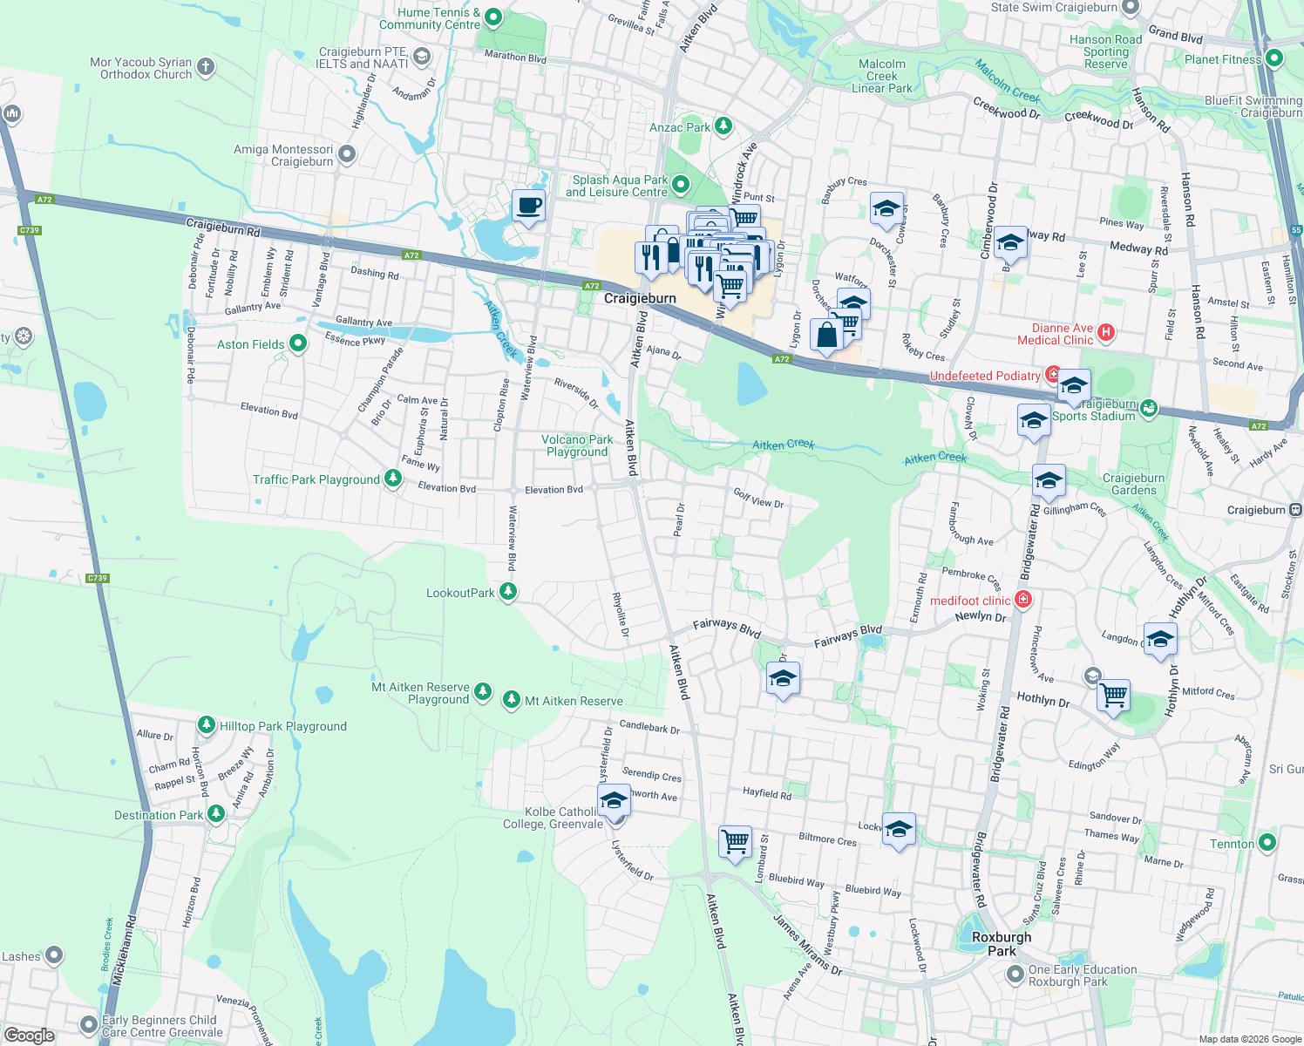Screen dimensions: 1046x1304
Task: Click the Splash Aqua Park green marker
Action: (x=681, y=185)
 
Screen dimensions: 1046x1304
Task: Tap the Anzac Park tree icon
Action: (x=723, y=126)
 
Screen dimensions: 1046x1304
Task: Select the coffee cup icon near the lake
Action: (x=528, y=207)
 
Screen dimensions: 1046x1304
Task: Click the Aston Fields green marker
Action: (x=298, y=343)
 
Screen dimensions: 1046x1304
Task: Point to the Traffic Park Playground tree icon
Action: (x=393, y=479)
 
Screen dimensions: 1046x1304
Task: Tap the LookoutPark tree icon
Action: (x=508, y=592)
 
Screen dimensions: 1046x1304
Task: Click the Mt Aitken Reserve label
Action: (x=574, y=701)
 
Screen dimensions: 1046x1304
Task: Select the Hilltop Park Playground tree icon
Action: (x=207, y=725)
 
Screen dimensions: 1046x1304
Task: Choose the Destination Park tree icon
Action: (x=216, y=814)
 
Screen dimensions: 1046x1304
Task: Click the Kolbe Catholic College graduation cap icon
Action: (x=614, y=800)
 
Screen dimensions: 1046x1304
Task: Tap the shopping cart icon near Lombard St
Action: (x=735, y=841)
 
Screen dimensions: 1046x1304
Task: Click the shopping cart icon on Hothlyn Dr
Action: (x=1113, y=696)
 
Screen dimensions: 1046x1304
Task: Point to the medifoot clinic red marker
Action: (x=1023, y=600)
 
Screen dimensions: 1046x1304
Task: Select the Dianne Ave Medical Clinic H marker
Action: (x=1106, y=332)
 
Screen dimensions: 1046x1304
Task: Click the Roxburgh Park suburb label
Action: (x=1002, y=943)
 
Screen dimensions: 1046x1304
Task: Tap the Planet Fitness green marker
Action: (x=1274, y=59)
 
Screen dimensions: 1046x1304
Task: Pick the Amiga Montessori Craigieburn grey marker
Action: (x=347, y=155)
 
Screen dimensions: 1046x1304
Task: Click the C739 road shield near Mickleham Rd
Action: (x=98, y=578)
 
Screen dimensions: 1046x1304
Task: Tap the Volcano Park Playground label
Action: (x=576, y=445)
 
